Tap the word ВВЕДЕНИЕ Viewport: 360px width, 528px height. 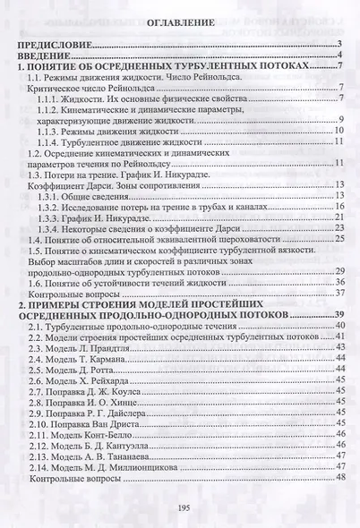click(45, 55)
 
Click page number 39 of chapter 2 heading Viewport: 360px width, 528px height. click(340, 315)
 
